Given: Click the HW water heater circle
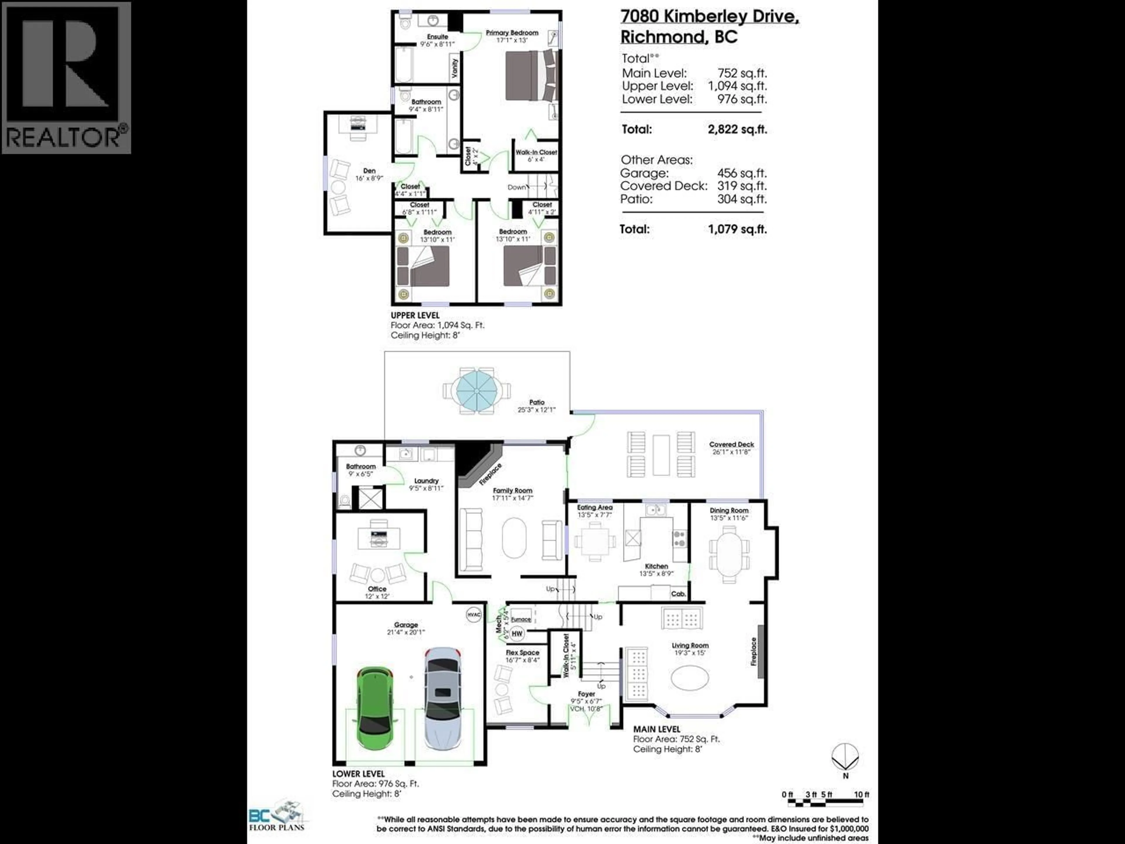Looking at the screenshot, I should [x=517, y=633].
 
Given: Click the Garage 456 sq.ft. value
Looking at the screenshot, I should [x=742, y=173].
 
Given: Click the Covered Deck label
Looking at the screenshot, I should [x=731, y=444].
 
